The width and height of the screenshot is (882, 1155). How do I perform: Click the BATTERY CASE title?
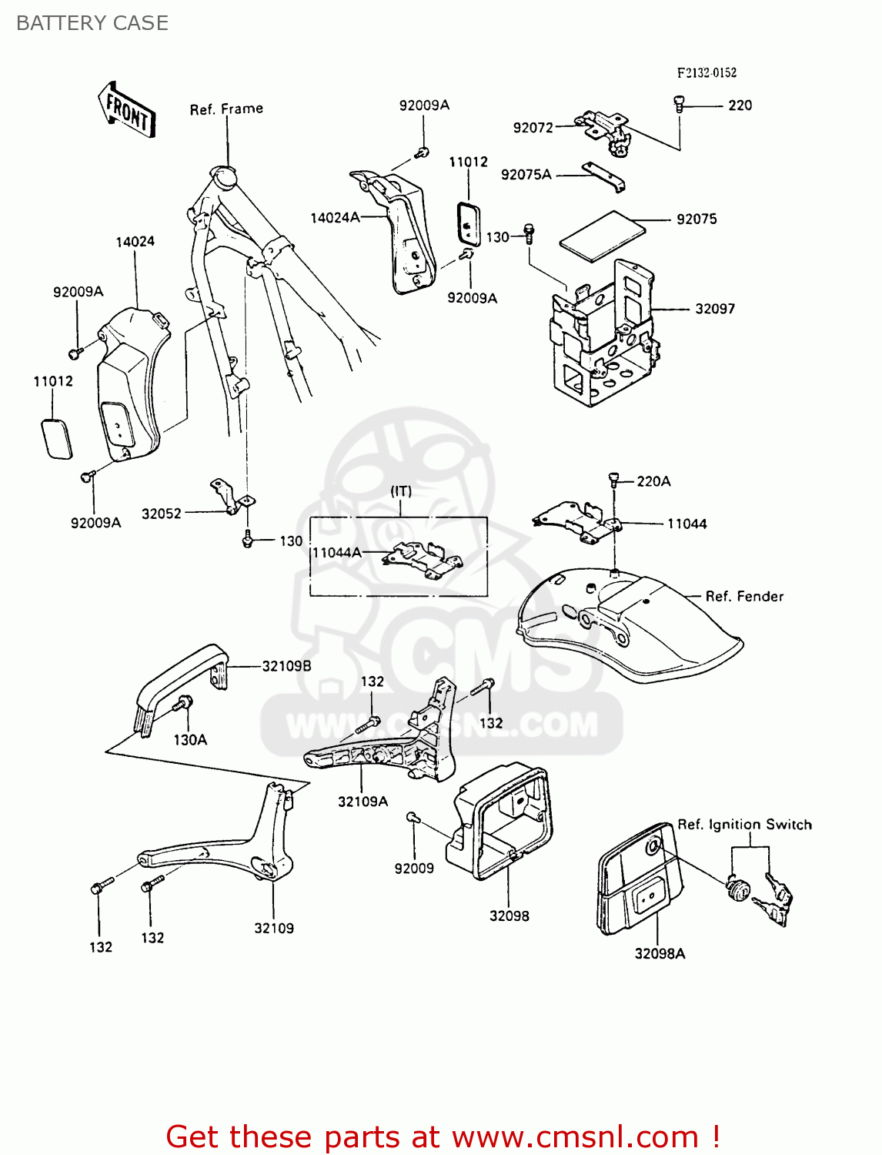92,23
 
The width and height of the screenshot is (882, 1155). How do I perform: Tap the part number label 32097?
714,309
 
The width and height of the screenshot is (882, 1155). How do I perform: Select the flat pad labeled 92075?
602,233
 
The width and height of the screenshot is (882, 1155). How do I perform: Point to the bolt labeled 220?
679,102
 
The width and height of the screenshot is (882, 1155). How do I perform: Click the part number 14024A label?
335,218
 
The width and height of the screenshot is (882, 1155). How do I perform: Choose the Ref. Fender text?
743,596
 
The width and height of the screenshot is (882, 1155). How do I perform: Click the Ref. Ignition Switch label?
743,824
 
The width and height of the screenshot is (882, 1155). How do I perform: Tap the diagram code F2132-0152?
707,72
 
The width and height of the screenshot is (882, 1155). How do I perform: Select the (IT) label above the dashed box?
400,490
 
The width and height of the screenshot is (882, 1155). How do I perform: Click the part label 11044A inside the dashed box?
336,552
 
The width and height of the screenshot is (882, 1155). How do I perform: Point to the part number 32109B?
286,666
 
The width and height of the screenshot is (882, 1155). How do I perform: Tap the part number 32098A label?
660,953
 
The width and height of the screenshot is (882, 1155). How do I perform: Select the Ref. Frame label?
226,109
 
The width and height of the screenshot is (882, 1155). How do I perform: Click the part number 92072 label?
533,128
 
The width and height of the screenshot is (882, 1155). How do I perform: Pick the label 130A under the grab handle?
189,740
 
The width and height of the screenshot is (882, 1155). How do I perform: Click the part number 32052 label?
162,514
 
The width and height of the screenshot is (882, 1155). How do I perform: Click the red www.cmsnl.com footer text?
442,1137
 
